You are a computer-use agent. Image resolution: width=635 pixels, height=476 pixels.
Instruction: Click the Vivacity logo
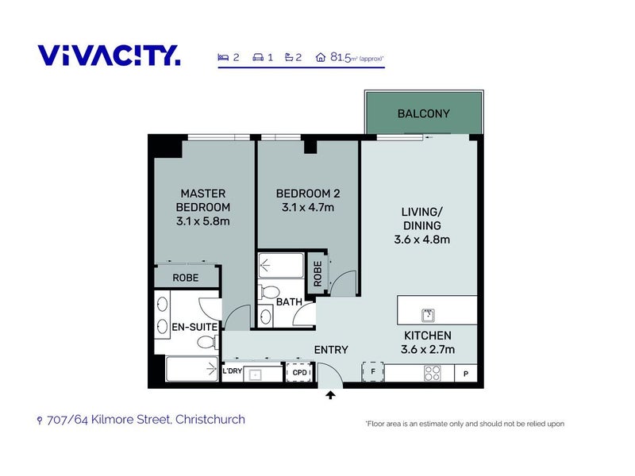coord(109,56)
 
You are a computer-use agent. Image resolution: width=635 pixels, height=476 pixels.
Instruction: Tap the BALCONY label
coord(424,113)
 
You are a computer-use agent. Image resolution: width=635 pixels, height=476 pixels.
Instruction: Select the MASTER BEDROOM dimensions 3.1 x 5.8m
coord(203,221)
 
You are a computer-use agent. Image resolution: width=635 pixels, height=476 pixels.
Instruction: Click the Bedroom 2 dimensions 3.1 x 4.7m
coord(308,208)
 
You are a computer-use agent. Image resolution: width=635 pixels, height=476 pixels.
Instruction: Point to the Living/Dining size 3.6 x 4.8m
coord(422,240)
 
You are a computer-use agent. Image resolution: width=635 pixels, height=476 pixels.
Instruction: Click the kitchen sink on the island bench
coord(428,315)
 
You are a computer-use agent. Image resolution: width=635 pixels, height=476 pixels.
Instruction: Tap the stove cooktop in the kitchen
coord(432,373)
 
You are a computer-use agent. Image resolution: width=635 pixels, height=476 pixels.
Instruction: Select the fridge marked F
coord(372,371)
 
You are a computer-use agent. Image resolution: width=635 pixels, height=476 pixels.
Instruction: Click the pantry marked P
coord(466,374)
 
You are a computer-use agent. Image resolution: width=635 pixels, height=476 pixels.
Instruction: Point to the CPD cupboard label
coord(300,372)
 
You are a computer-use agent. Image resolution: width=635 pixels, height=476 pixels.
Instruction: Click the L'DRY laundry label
coord(233,370)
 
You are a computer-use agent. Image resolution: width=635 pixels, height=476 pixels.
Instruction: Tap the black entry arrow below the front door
coord(330,394)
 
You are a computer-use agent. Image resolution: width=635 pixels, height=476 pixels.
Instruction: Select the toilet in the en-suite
coord(207,343)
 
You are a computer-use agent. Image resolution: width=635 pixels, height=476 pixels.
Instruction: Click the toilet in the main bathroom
coord(268,291)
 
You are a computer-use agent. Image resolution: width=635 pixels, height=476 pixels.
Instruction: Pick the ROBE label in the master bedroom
coord(186,278)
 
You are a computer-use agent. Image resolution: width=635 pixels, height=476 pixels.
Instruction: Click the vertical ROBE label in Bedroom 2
coord(317,274)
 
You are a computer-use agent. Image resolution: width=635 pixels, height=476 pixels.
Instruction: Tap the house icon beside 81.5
coord(321,57)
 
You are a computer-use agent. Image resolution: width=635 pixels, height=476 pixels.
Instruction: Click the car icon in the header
coord(258,57)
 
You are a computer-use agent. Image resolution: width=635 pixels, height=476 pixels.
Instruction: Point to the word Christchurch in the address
coord(210,420)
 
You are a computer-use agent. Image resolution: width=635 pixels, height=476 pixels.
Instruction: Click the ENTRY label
coord(331,350)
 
